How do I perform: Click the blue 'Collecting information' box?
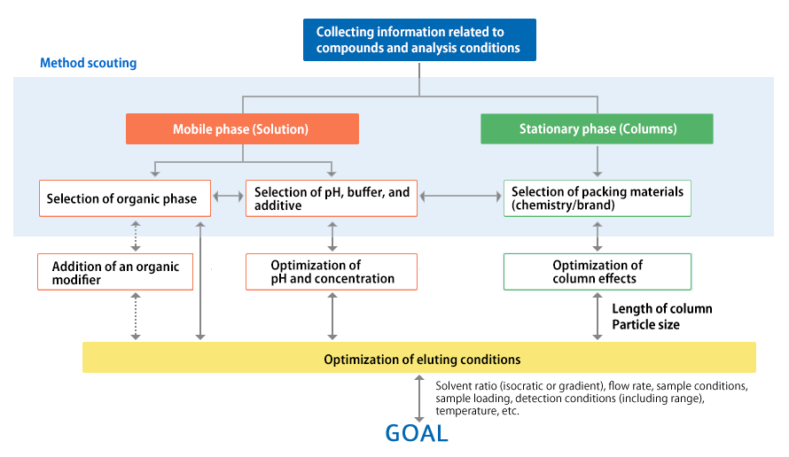click(x=419, y=40)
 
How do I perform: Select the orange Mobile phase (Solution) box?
click(x=242, y=128)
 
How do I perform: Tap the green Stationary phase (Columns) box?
click(x=597, y=128)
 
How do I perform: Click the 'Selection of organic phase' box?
click(x=125, y=198)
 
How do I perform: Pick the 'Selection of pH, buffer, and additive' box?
click(x=331, y=198)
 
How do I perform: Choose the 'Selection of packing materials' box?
click(x=598, y=198)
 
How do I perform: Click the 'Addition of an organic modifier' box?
click(x=115, y=272)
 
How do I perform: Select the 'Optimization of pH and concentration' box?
click(x=331, y=272)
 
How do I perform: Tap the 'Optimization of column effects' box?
click(x=598, y=272)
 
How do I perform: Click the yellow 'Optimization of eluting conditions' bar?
click(x=419, y=358)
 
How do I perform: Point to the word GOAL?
click(x=417, y=433)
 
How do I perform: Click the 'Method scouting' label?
click(x=88, y=63)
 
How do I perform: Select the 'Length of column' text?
click(x=662, y=309)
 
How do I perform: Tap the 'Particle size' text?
click(x=645, y=325)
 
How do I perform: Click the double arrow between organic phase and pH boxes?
click(x=228, y=197)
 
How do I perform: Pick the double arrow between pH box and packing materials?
click(x=460, y=197)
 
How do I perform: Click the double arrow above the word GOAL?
click(x=418, y=399)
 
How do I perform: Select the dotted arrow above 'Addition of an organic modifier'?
click(x=136, y=236)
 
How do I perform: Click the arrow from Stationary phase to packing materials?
click(x=598, y=161)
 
